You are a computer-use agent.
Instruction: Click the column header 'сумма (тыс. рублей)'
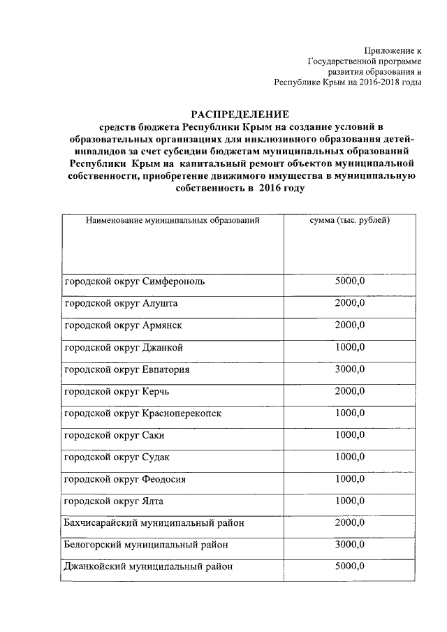pyautogui.click(x=349, y=221)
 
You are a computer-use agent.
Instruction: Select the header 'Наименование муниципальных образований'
pyautogui.click(x=173, y=221)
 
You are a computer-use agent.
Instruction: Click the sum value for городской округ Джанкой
pyautogui.click(x=350, y=347)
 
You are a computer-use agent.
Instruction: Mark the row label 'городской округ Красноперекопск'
pyautogui.click(x=142, y=413)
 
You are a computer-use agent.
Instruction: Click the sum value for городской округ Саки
pyautogui.click(x=350, y=434)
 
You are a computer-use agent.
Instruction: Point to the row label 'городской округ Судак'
pyautogui.click(x=117, y=457)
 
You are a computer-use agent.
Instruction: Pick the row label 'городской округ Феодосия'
pyautogui.click(x=125, y=479)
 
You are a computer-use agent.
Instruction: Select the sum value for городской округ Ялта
pyautogui.click(x=350, y=500)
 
